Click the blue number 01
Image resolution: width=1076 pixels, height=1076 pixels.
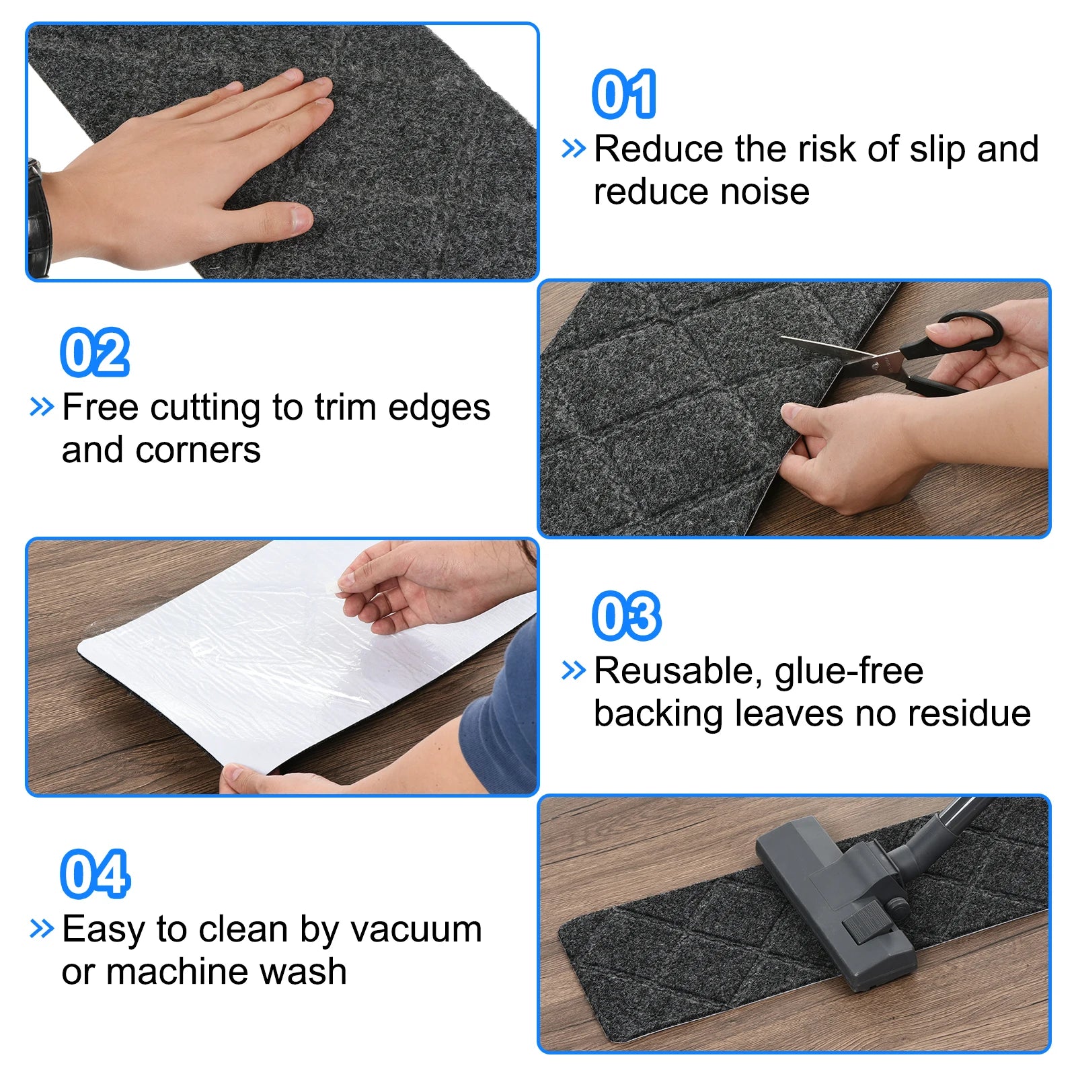click(x=624, y=94)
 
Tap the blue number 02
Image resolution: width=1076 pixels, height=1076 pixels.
click(x=95, y=352)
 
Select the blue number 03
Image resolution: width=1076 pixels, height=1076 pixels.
click(x=627, y=616)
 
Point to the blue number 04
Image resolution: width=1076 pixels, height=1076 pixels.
click(x=95, y=874)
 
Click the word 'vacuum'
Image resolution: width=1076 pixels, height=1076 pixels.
click(x=416, y=931)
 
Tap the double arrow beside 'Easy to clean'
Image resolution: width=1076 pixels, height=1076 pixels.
click(x=42, y=929)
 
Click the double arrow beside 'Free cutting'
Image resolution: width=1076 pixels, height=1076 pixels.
click(x=42, y=407)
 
